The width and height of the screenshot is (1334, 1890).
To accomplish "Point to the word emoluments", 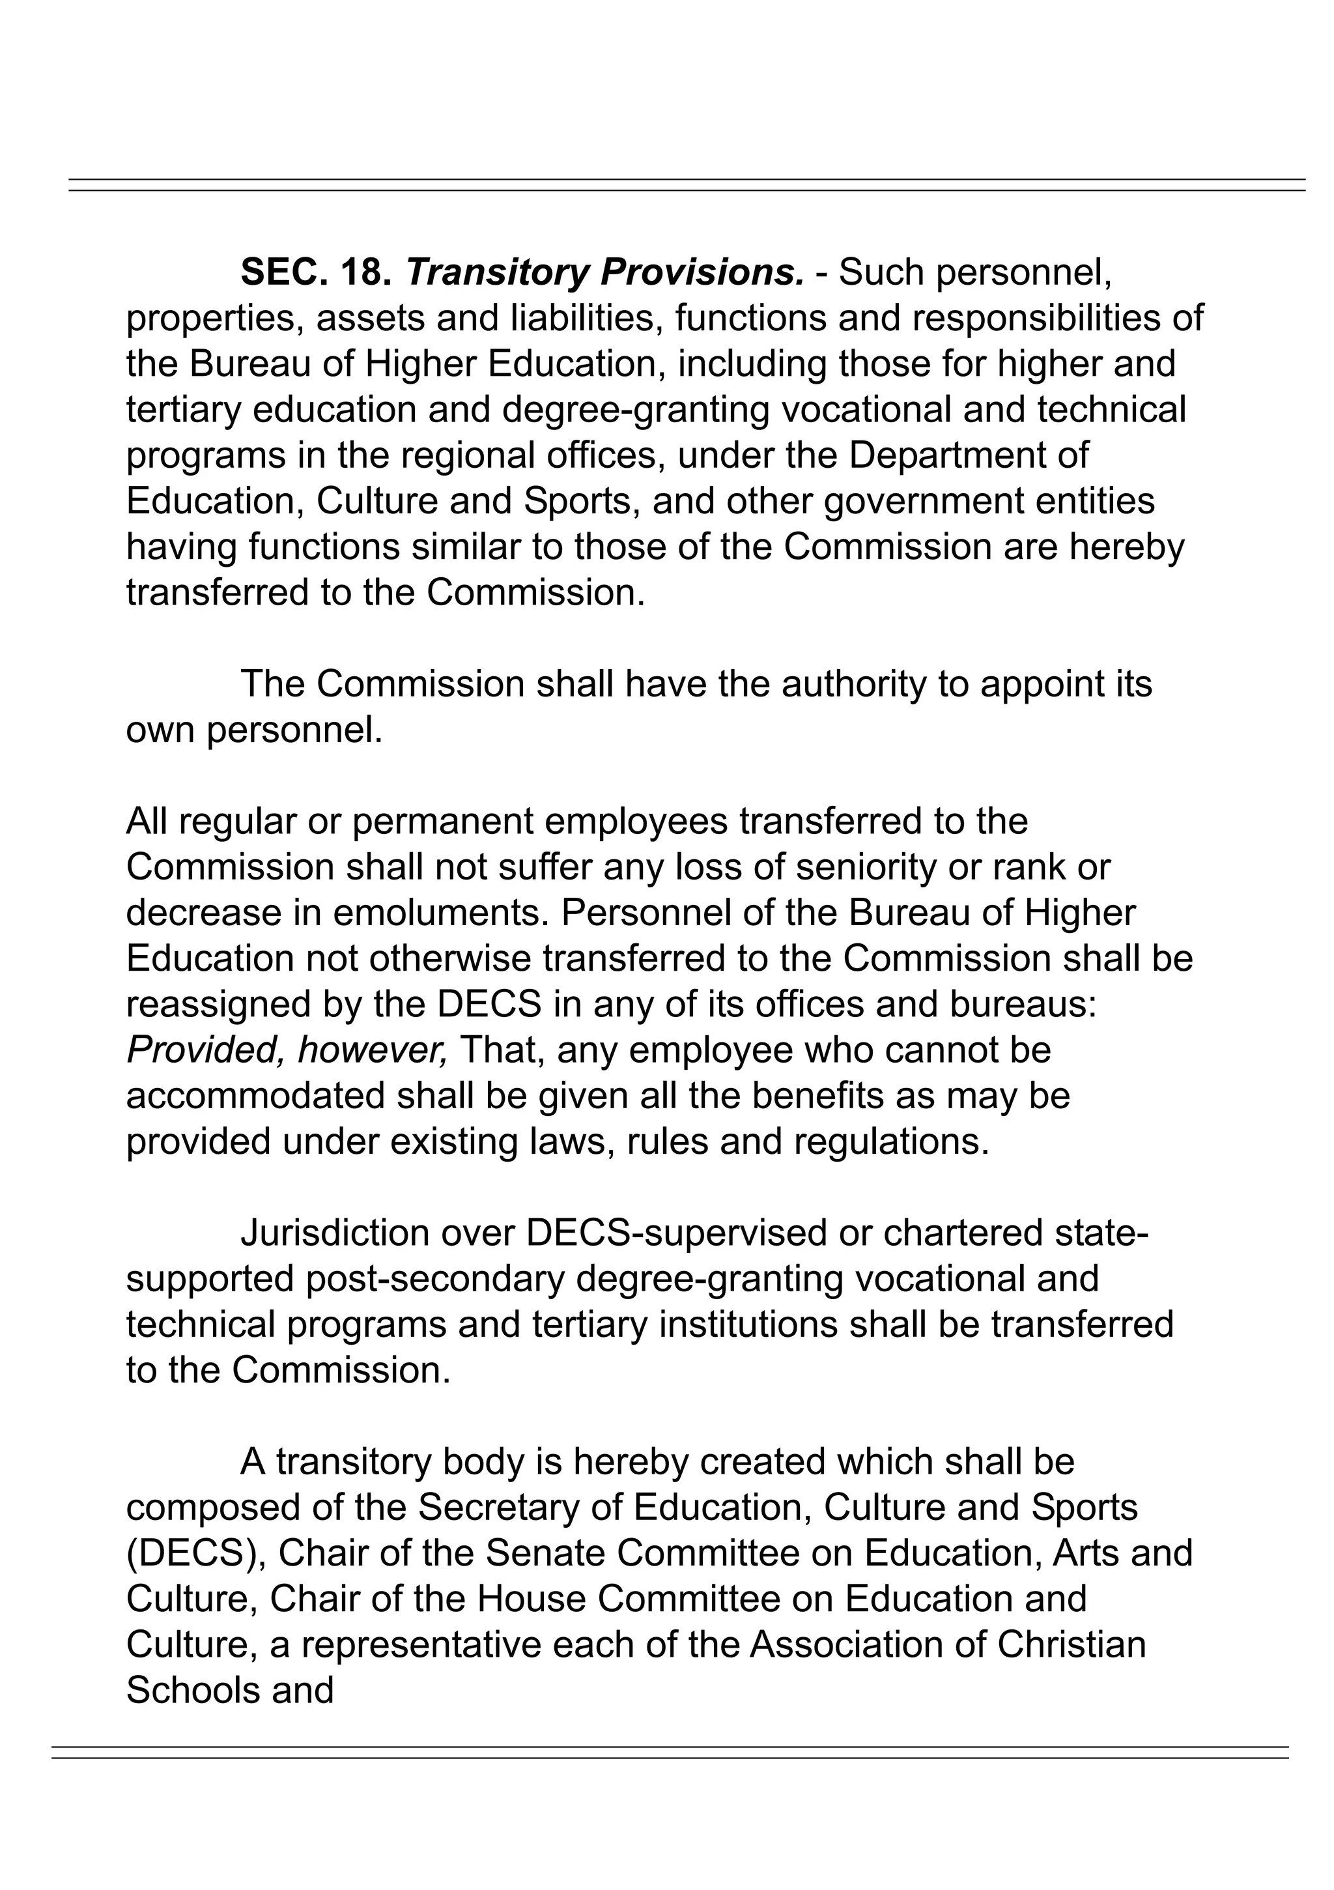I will tap(432, 913).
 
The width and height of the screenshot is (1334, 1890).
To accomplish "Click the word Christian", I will tap(1071, 1644).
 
